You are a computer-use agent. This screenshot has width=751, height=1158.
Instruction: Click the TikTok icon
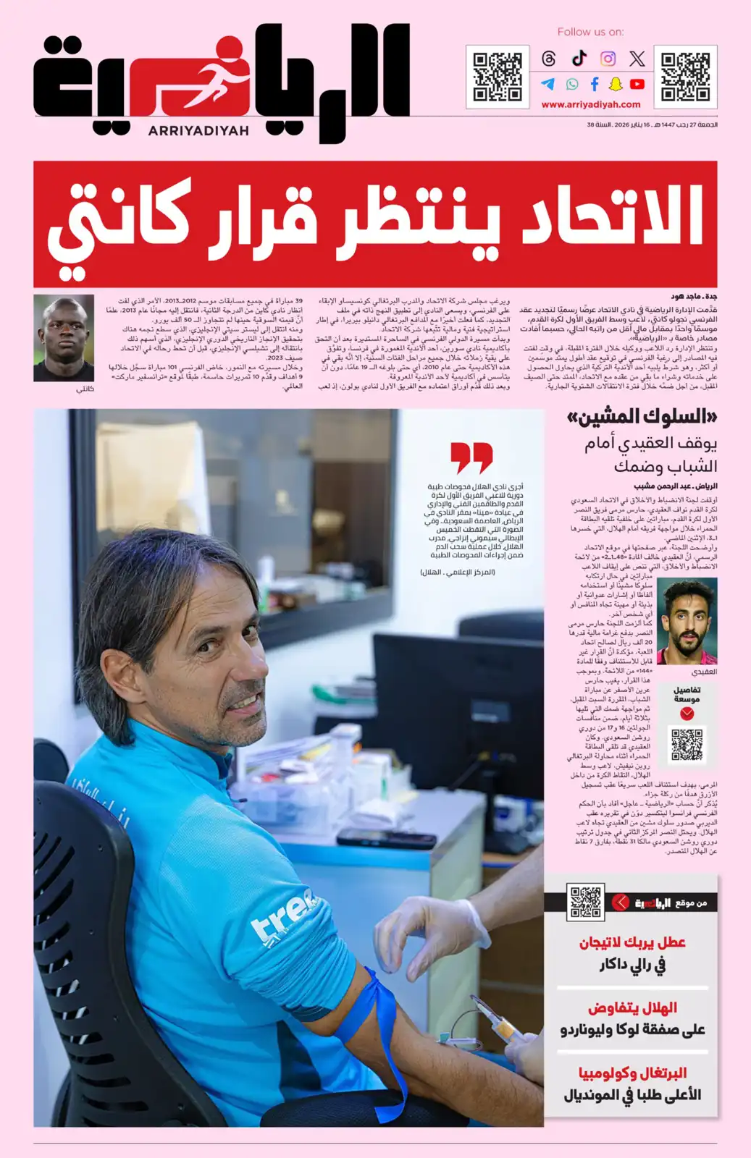click(x=579, y=59)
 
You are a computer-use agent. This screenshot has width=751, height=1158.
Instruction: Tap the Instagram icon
click(x=608, y=59)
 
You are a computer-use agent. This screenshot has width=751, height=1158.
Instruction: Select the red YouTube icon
click(x=637, y=84)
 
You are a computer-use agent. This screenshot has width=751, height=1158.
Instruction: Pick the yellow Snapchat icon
click(x=616, y=84)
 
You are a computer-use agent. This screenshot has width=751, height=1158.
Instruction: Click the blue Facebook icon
click(x=595, y=84)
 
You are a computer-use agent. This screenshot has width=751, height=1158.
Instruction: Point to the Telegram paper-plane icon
click(x=548, y=84)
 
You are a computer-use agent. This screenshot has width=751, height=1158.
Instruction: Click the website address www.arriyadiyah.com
click(x=591, y=104)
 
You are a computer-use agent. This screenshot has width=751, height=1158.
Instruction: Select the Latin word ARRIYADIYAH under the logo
click(x=198, y=131)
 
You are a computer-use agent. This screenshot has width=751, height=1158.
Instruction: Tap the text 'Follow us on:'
click(x=590, y=32)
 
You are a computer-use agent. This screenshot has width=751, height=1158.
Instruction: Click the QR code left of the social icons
click(x=498, y=75)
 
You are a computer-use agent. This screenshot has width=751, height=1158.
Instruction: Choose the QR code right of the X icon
click(x=685, y=75)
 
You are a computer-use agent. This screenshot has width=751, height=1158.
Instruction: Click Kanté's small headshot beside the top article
click(x=64, y=337)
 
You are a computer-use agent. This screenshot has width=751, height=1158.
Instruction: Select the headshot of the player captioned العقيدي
click(x=687, y=622)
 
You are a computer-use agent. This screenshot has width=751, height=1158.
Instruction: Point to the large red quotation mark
click(x=471, y=457)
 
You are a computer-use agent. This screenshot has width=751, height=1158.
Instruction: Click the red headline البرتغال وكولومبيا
click(x=632, y=1073)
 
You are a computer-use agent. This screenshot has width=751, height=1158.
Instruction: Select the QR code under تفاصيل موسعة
click(x=687, y=744)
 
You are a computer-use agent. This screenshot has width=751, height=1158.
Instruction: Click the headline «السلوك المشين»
click(x=642, y=417)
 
